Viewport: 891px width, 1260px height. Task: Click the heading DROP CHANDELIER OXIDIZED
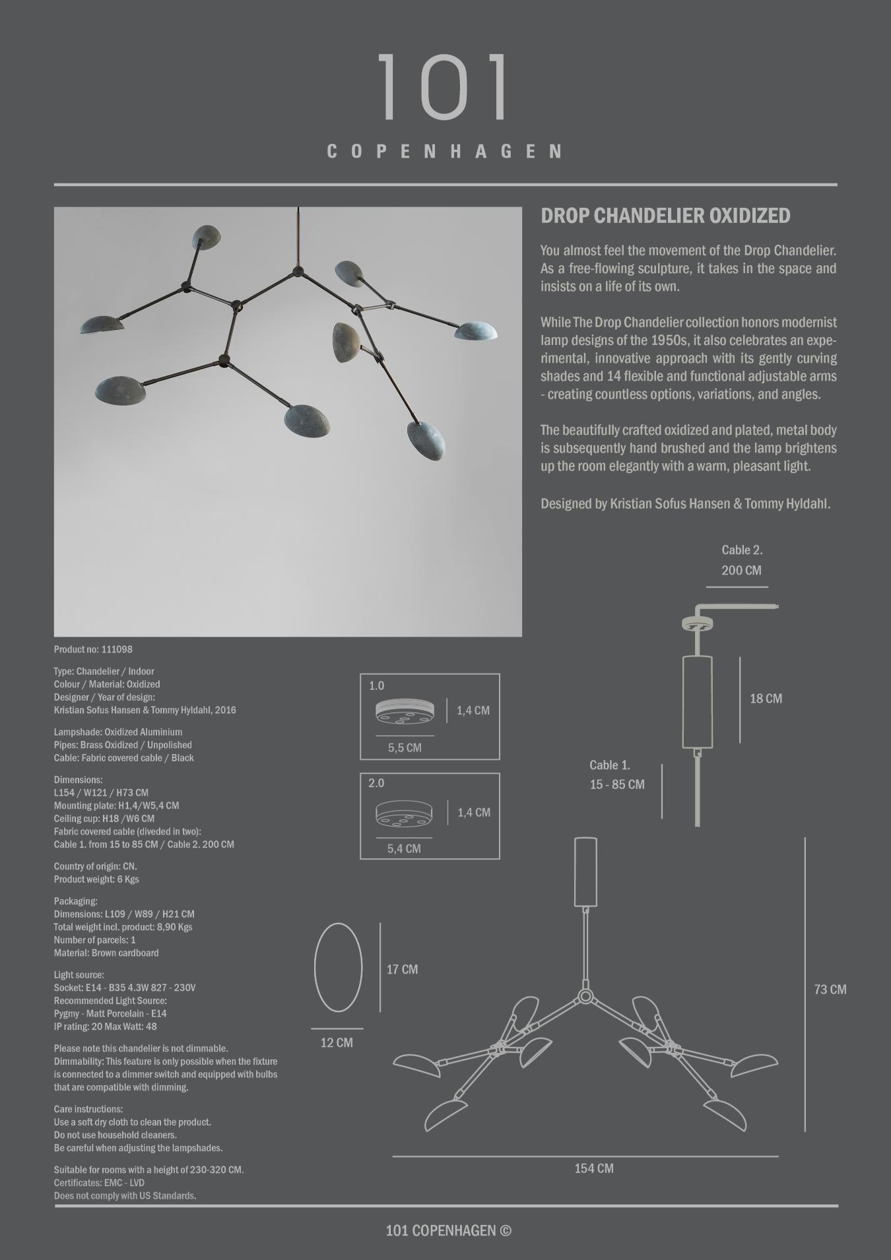pyautogui.click(x=665, y=216)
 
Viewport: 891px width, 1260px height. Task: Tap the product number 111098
pyautogui.click(x=117, y=649)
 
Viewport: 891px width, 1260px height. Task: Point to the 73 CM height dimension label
pyautogui.click(x=830, y=990)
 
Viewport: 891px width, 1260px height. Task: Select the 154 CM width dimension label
pyautogui.click(x=594, y=1168)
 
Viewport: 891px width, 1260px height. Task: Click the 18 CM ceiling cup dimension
pyautogui.click(x=766, y=699)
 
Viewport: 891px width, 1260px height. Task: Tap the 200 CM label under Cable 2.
pyautogui.click(x=741, y=570)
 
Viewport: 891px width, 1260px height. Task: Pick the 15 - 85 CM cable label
pyautogui.click(x=617, y=784)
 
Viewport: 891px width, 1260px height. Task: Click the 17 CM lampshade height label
pyautogui.click(x=402, y=969)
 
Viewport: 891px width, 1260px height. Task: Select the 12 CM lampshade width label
pyautogui.click(x=337, y=1042)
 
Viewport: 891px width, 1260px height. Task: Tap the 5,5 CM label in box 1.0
pyautogui.click(x=405, y=747)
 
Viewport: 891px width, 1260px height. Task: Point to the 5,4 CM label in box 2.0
pyautogui.click(x=404, y=848)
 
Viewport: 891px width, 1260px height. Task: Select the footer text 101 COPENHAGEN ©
pyautogui.click(x=448, y=1230)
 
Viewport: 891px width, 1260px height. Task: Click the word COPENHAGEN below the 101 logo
pyautogui.click(x=445, y=152)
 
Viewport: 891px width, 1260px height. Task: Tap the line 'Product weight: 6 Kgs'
pyautogui.click(x=96, y=879)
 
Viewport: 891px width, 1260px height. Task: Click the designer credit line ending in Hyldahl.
pyautogui.click(x=685, y=503)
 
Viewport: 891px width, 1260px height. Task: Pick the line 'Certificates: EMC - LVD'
pyautogui.click(x=99, y=1183)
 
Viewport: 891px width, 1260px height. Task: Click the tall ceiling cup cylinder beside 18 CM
pyautogui.click(x=697, y=701)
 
